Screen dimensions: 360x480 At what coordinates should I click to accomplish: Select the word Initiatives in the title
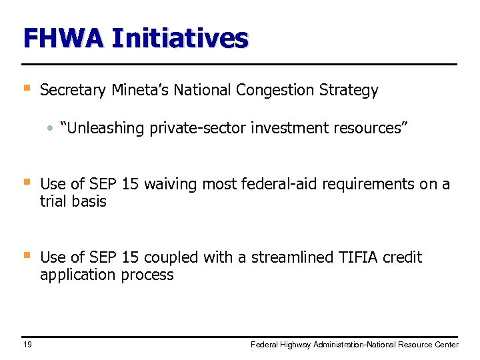coord(180,38)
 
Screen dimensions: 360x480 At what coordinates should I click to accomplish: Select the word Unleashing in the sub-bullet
coord(105,128)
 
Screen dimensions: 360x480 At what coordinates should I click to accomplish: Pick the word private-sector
coord(198,128)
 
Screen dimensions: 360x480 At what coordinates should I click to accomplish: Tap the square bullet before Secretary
coord(27,87)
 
